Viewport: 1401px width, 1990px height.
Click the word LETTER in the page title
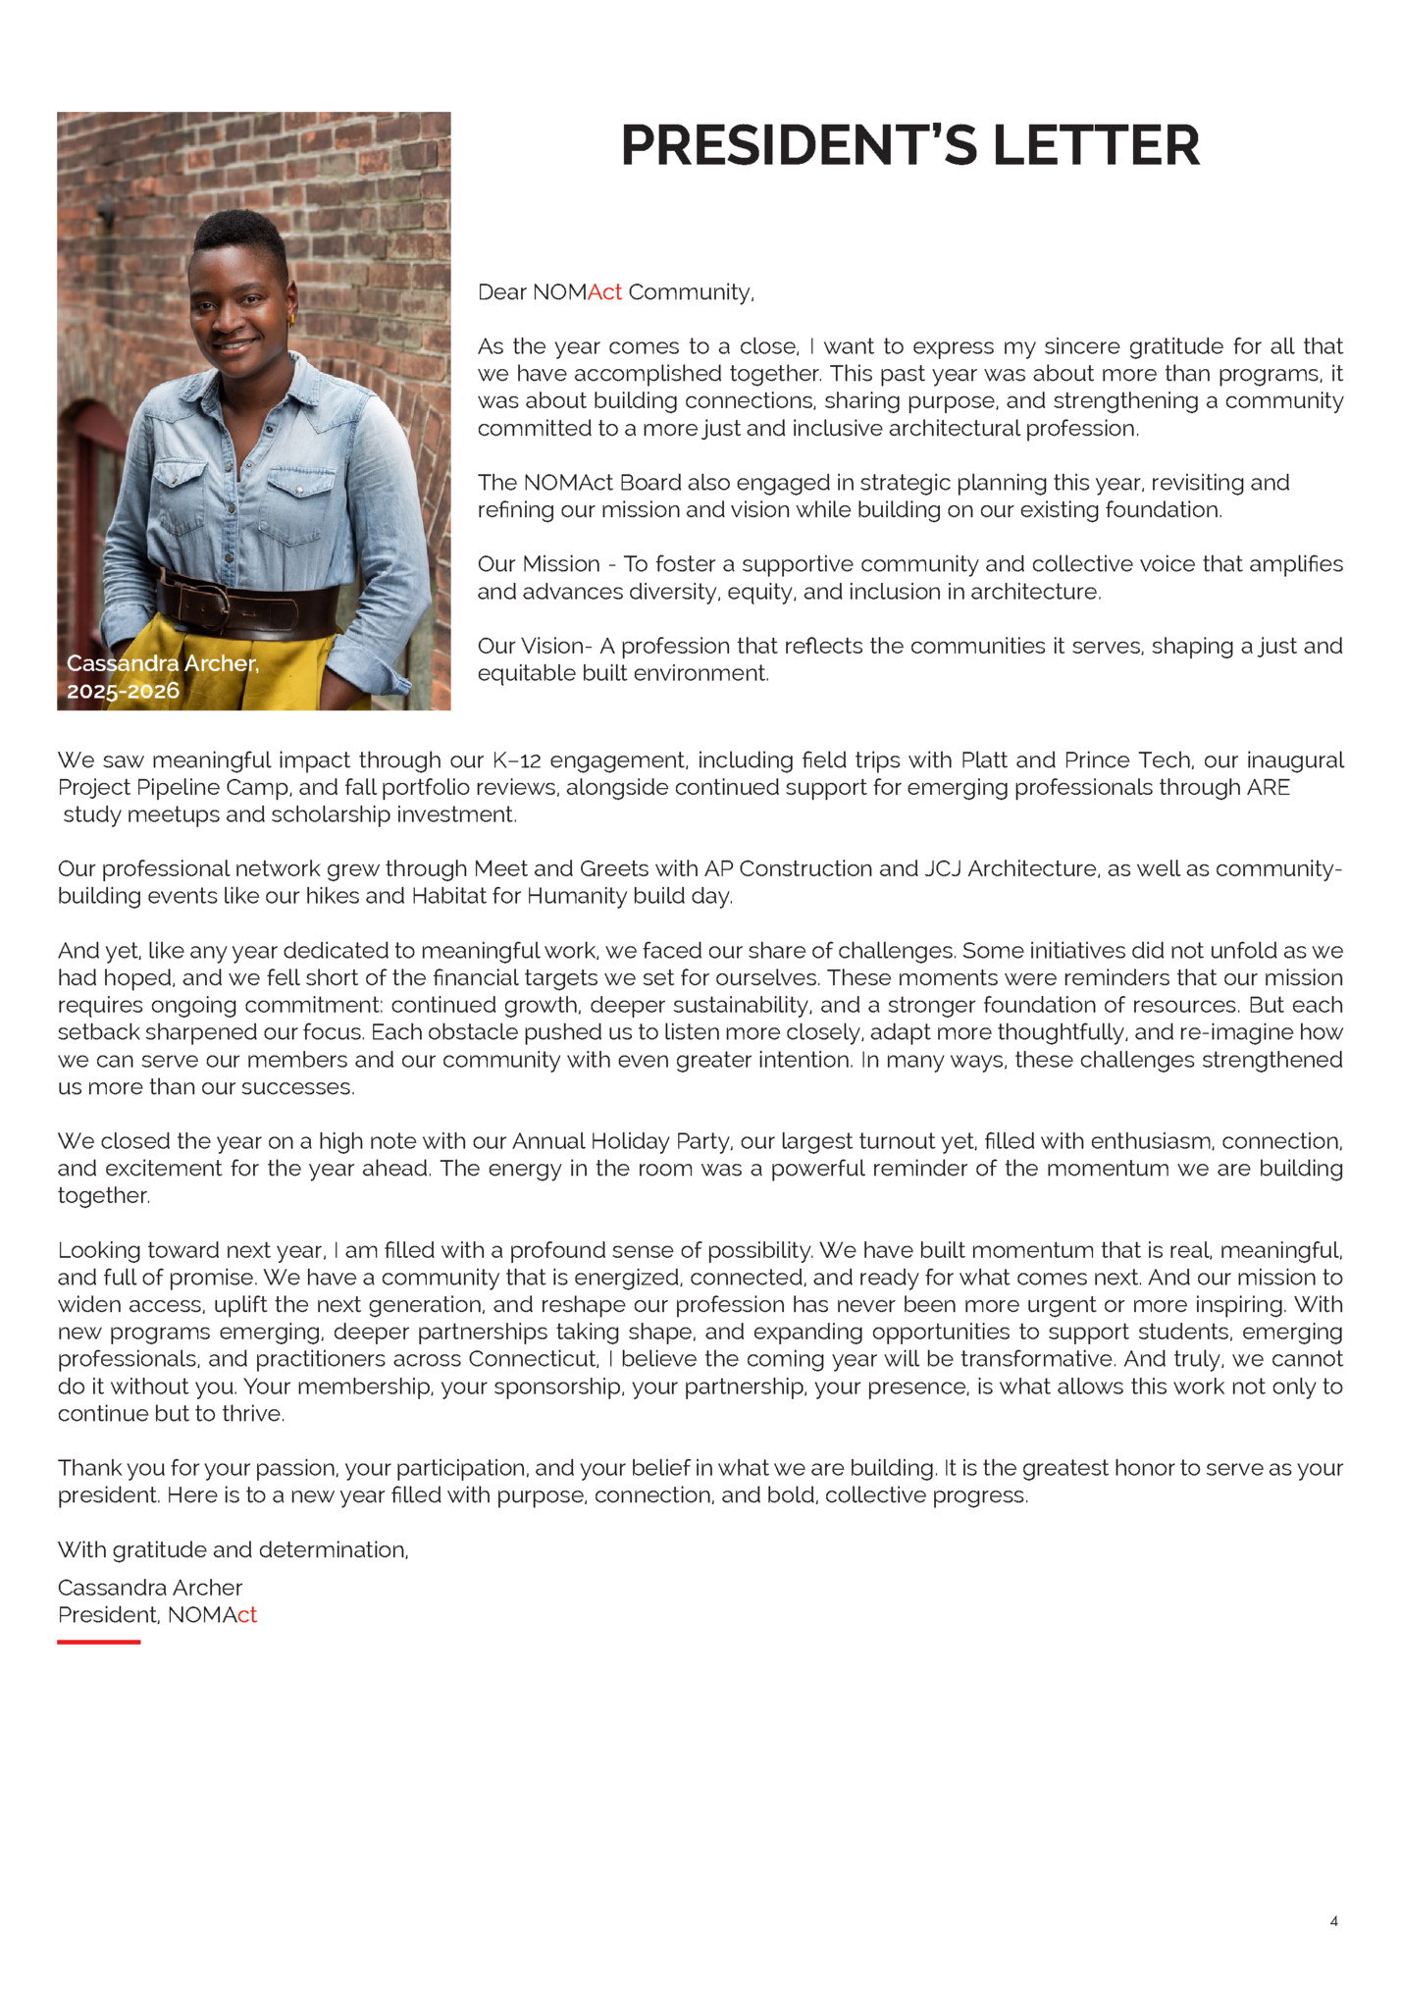(x=1096, y=145)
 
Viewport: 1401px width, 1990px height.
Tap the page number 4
(x=1333, y=1920)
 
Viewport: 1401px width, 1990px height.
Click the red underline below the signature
(x=98, y=1642)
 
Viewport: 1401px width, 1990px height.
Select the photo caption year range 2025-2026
(x=123, y=691)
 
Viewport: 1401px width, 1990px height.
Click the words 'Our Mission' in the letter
(x=538, y=564)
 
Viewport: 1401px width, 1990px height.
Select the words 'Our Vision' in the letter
(x=530, y=646)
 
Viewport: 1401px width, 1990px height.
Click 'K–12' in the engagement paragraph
(x=515, y=760)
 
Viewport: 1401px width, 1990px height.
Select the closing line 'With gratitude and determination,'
(x=233, y=1549)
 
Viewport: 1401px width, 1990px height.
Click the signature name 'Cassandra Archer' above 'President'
(x=149, y=1588)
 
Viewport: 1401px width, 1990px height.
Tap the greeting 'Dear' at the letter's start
(x=501, y=292)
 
